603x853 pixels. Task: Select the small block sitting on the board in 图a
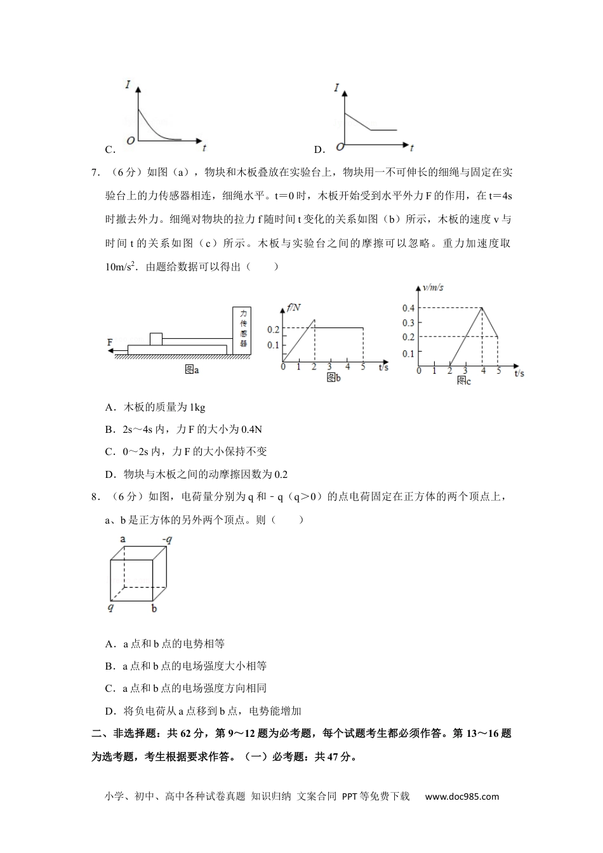[x=156, y=338]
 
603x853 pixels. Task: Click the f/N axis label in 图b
[x=293, y=308]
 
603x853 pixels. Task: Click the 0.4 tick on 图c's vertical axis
[x=408, y=308]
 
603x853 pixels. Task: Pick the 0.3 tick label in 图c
[x=408, y=322]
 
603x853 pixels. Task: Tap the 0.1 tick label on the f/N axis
[x=273, y=345]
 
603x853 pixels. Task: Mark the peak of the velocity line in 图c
[x=482, y=308]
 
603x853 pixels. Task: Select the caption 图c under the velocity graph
[x=463, y=380]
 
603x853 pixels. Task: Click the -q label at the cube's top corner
[x=168, y=540]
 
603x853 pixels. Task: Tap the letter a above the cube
[x=123, y=539]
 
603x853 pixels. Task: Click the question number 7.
[x=94, y=172]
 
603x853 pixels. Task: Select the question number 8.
[x=94, y=497]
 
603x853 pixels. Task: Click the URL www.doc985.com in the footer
[x=461, y=797]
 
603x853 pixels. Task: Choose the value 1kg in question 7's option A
[x=198, y=407]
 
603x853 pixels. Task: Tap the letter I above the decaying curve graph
[x=128, y=84]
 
